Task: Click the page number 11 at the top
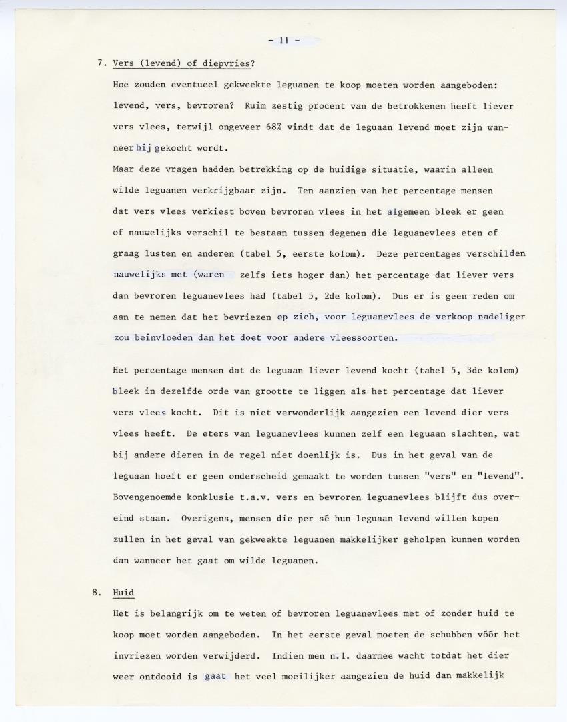coord(283,40)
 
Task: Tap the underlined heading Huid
coord(123,591)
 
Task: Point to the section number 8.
coord(97,591)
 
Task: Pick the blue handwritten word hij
coord(144,149)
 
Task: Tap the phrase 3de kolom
coord(492,370)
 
